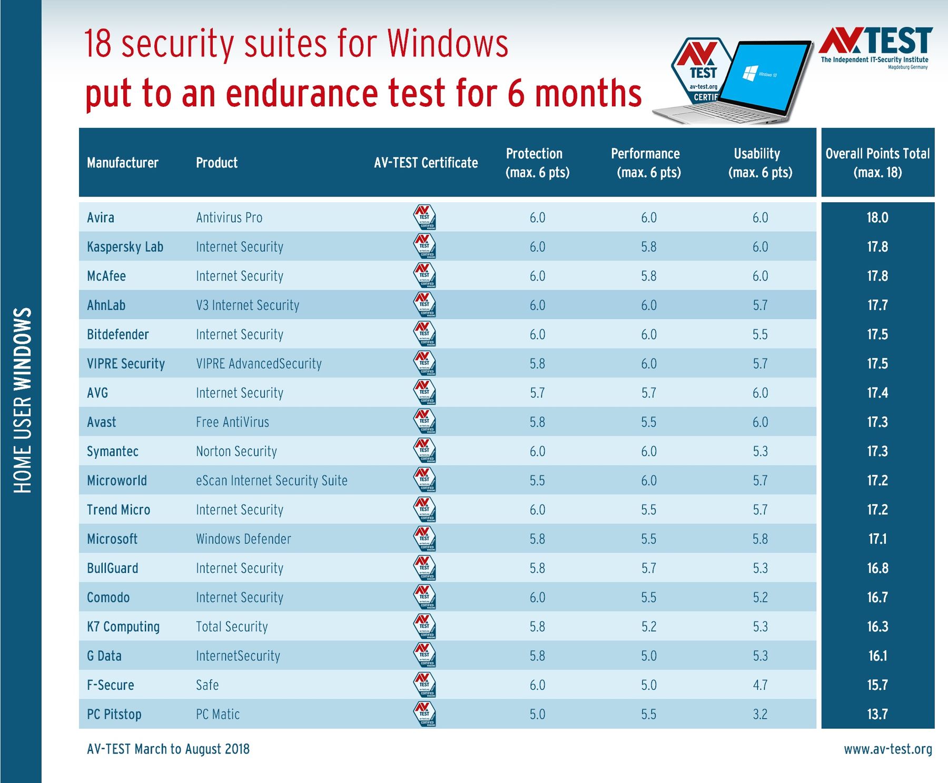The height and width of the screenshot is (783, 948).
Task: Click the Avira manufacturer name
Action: [101, 217]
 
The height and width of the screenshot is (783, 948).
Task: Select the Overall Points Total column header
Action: [877, 163]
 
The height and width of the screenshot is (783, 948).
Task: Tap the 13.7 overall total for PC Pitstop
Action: [877, 714]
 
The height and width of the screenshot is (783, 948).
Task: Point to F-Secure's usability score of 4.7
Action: [760, 685]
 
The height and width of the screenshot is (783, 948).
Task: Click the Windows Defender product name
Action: [243, 539]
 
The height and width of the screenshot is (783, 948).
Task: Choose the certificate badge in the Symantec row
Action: [424, 451]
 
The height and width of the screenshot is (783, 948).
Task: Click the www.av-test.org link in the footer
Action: [888, 749]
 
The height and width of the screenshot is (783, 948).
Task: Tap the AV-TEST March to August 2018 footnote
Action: [168, 749]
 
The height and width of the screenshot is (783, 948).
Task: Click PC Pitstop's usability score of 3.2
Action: [760, 714]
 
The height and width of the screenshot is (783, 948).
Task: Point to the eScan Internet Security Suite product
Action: [272, 481]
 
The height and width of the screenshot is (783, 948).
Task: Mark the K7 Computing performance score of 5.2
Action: [649, 627]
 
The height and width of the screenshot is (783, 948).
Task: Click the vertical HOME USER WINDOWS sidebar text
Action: [22, 400]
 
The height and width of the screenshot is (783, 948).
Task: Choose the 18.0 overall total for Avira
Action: [877, 217]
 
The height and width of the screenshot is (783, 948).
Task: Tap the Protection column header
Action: [537, 163]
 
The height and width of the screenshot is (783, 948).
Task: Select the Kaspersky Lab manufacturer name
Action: [125, 247]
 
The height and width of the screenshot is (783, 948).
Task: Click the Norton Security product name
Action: [236, 451]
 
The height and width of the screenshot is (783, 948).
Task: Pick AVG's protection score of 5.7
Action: [537, 393]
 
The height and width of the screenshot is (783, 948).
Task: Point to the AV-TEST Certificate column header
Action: [426, 163]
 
